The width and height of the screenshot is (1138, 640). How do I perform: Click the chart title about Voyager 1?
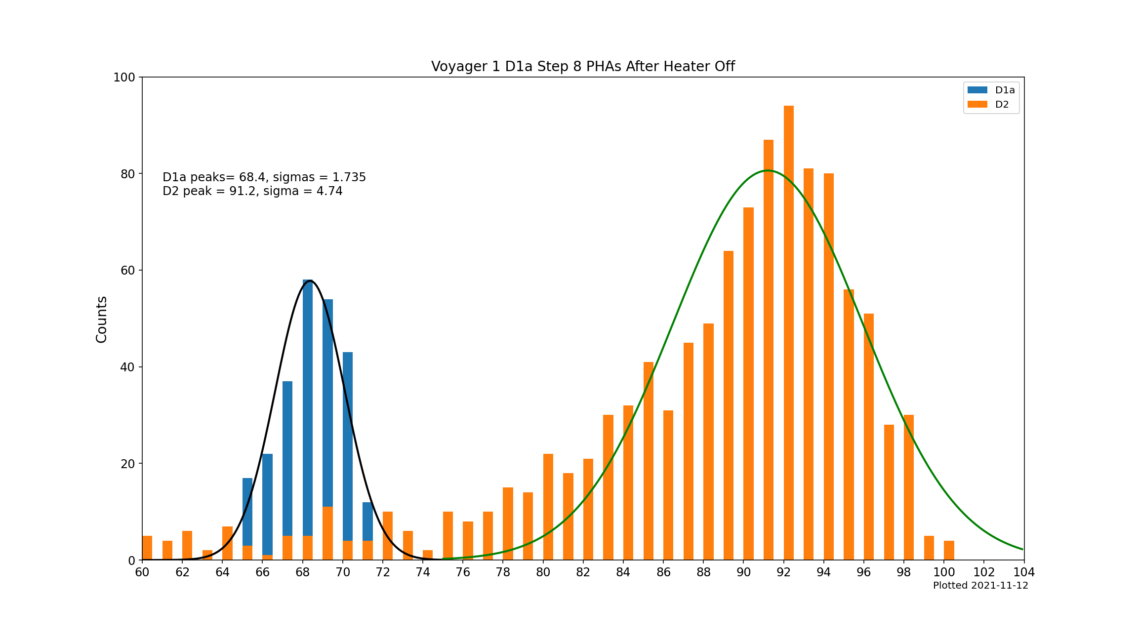pyautogui.click(x=583, y=66)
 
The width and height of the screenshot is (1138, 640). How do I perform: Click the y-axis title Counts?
pyautogui.click(x=102, y=319)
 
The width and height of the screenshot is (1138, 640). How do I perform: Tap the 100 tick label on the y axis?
pyautogui.click(x=124, y=78)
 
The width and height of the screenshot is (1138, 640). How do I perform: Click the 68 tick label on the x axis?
pyautogui.click(x=303, y=572)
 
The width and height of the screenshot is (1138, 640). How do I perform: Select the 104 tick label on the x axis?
pyautogui.click(x=1024, y=572)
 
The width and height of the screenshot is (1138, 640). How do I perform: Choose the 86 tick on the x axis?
pyautogui.click(x=663, y=572)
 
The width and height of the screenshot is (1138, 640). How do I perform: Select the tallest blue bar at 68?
pyautogui.click(x=308, y=405)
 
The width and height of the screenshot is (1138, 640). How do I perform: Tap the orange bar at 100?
pyautogui.click(x=949, y=551)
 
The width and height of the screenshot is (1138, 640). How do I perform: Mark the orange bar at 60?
pyautogui.click(x=147, y=548)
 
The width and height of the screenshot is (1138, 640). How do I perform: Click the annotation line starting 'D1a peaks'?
pyautogui.click(x=264, y=177)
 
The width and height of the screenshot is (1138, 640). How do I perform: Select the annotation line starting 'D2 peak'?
pyautogui.click(x=252, y=191)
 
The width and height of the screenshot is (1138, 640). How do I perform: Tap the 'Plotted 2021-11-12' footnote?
pyautogui.click(x=980, y=586)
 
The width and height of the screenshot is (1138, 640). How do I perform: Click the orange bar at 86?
pyautogui.click(x=668, y=485)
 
